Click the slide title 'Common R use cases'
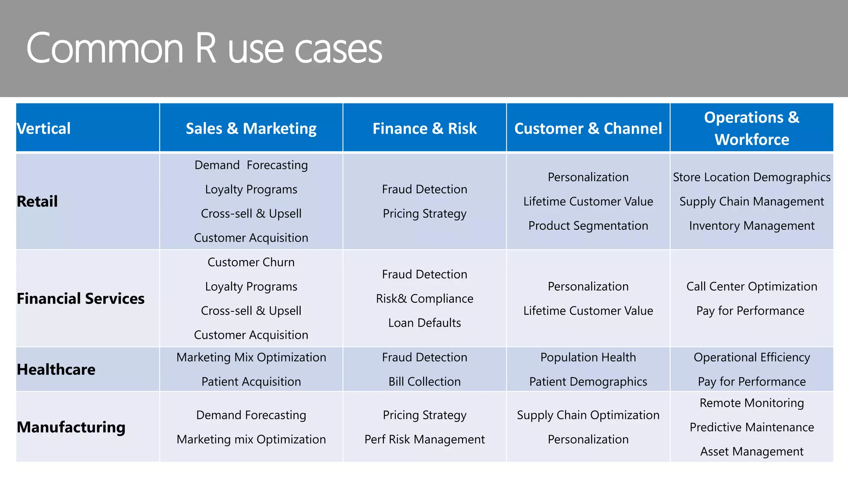click(x=204, y=48)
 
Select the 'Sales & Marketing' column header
click(x=251, y=128)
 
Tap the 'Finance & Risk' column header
click(x=424, y=128)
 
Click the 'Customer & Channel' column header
click(x=588, y=128)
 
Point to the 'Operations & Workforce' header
click(x=752, y=128)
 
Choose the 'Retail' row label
click(x=37, y=202)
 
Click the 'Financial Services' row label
click(x=81, y=299)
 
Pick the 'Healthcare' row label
click(x=56, y=369)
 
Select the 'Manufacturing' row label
click(x=71, y=427)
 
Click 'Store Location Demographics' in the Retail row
click(x=752, y=177)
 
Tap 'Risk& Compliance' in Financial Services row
click(x=424, y=299)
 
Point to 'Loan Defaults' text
click(x=424, y=323)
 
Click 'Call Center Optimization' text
click(x=752, y=287)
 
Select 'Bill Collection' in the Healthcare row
click(x=424, y=382)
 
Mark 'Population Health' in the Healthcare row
click(x=588, y=357)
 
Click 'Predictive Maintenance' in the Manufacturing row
click(x=752, y=427)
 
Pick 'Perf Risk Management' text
click(x=424, y=439)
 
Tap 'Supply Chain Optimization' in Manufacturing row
click(x=588, y=415)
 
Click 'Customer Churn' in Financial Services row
click(x=251, y=262)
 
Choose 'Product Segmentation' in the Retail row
click(x=588, y=226)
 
